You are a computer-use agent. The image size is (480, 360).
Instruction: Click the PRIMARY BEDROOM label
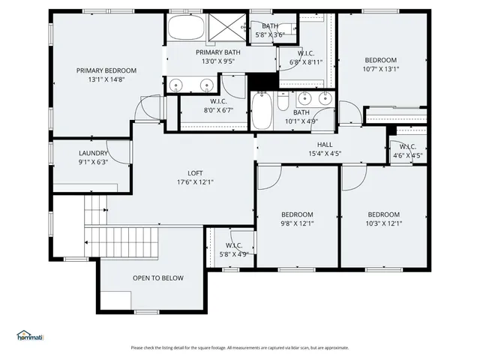106,70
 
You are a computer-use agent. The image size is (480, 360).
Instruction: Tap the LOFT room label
195,172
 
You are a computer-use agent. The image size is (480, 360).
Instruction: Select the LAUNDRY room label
93,152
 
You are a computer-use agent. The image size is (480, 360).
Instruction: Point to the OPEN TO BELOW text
157,278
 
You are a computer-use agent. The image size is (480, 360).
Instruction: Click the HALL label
325,145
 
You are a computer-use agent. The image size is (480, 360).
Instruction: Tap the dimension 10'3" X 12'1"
383,223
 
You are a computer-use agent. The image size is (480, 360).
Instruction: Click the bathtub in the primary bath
183,28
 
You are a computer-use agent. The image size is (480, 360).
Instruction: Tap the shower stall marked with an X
224,28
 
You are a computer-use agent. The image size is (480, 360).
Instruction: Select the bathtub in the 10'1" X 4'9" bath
262,111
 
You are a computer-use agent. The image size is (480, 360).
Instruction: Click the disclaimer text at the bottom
240,347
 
